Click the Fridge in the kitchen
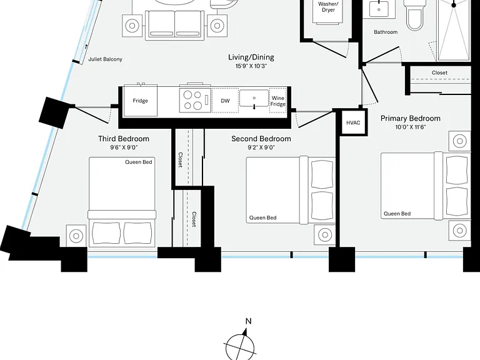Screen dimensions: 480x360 (x=140, y=101)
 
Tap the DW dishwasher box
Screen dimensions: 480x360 (x=225, y=101)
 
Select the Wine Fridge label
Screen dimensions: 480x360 (x=278, y=101)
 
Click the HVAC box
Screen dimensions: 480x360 (x=353, y=122)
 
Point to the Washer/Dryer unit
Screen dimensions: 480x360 (x=328, y=11)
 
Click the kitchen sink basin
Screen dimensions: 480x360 (x=254, y=98)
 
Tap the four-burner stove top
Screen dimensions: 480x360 (x=195, y=100)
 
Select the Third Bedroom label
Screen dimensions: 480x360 (x=124, y=139)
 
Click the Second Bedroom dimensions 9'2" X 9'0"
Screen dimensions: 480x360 (x=261, y=147)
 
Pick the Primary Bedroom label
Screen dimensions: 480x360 (x=410, y=119)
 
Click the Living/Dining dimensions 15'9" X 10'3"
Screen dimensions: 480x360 (x=251, y=66)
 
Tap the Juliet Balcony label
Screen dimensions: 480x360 (x=105, y=59)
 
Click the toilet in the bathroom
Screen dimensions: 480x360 (x=414, y=14)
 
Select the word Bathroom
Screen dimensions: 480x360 (x=386, y=32)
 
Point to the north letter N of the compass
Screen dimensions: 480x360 (x=249, y=321)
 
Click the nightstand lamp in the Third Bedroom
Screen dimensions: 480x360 (x=76, y=236)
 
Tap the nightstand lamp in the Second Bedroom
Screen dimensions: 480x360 (x=325, y=235)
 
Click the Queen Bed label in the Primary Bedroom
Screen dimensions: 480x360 (x=397, y=214)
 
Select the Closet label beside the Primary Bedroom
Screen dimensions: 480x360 (x=439, y=72)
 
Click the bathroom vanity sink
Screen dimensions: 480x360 (x=379, y=9)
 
